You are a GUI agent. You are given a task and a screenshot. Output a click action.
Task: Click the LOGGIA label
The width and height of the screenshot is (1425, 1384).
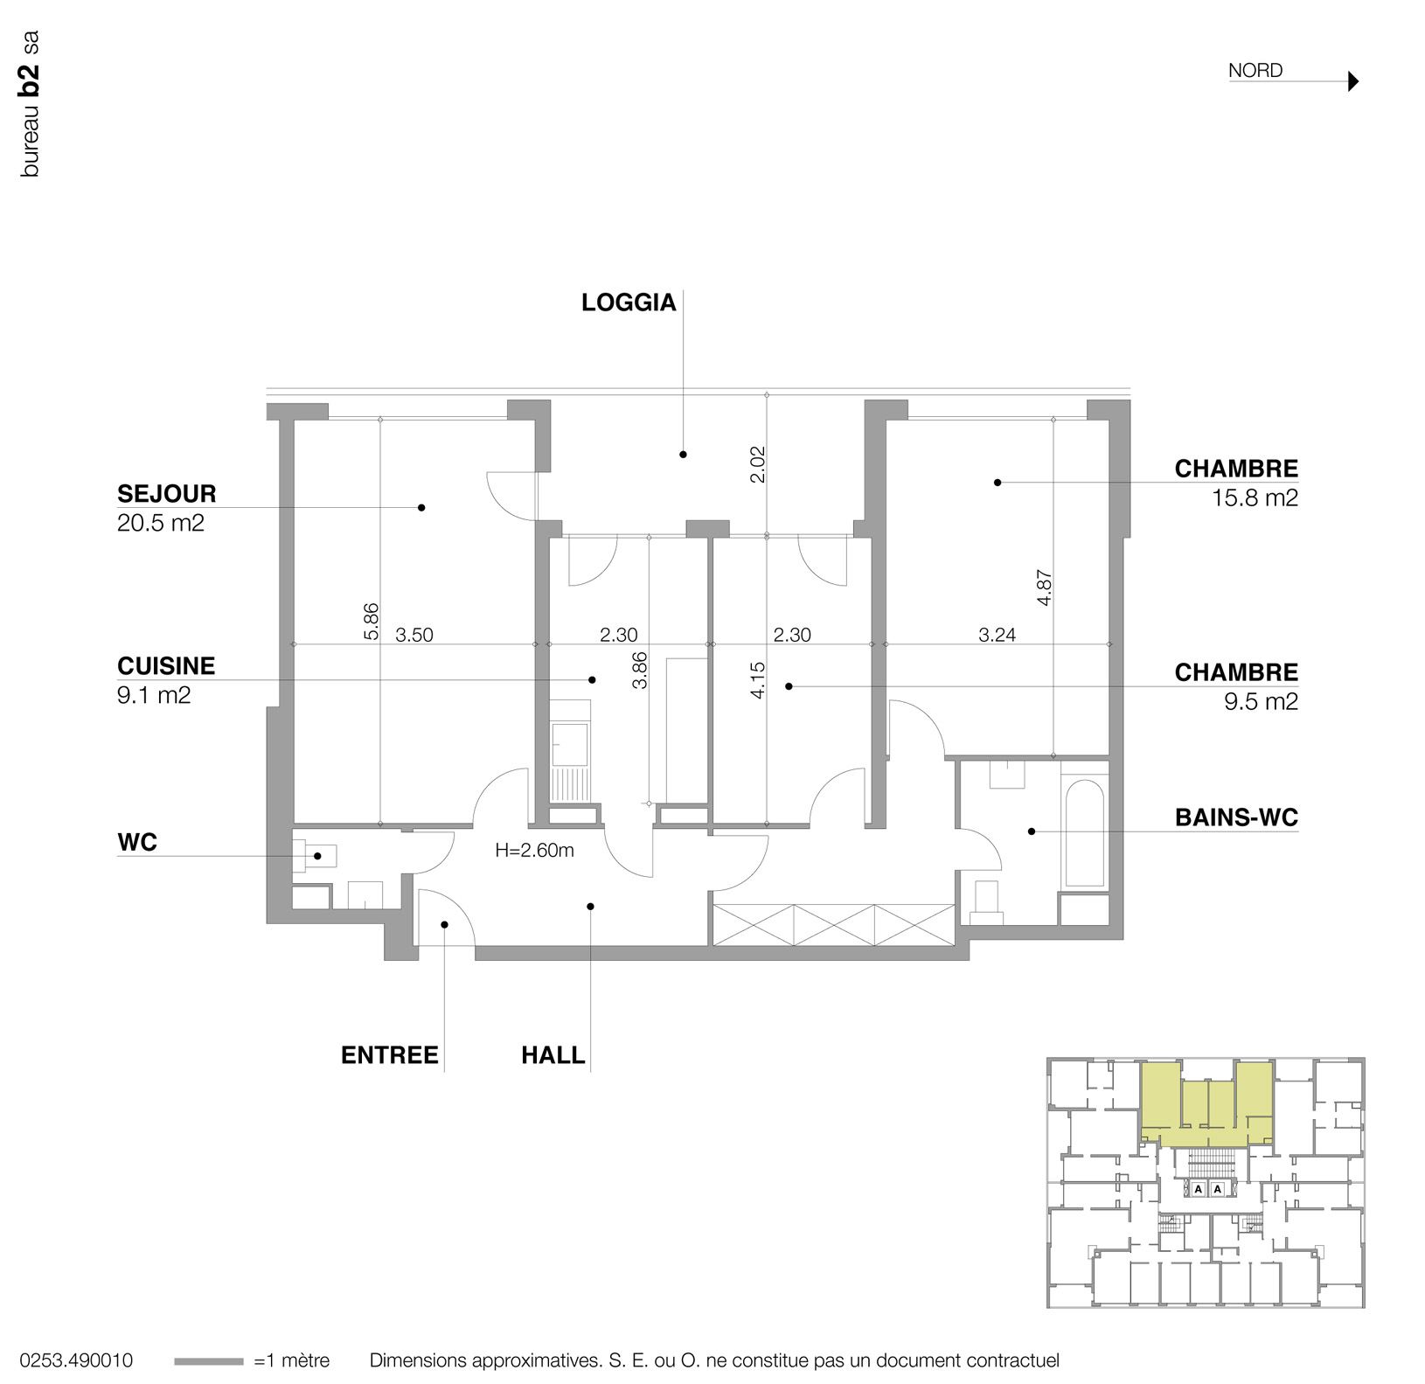coord(628,303)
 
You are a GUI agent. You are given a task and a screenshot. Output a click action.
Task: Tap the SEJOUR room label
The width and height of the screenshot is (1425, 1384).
coord(166,493)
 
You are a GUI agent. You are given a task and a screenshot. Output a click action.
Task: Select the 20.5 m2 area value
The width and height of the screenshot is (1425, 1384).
coord(160,523)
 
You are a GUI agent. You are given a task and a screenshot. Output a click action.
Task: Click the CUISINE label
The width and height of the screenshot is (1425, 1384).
coord(166,665)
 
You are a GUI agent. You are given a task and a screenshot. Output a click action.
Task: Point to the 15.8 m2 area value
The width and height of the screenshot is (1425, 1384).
coord(1254,498)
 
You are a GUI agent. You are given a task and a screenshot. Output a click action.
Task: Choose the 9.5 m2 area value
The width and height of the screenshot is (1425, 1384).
coord(1260,702)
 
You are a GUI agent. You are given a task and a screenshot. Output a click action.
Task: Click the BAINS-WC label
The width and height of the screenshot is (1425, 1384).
coord(1235,817)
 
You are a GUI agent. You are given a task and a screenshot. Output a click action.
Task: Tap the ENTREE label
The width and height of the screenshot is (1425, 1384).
coord(389,1055)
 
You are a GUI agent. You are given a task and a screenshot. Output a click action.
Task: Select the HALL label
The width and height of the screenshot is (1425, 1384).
coord(553,1055)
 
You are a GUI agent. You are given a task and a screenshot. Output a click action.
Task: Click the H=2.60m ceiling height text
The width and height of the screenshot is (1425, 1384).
coord(534,850)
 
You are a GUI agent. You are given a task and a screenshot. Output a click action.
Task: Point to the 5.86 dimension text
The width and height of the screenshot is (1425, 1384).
coord(372,621)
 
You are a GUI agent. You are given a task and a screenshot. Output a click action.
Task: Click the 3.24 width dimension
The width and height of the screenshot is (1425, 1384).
coord(997,635)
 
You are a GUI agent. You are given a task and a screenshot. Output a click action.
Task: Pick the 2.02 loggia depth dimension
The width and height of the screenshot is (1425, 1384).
coord(758,464)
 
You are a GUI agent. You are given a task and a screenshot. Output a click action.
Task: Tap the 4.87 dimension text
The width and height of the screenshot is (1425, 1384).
coord(1044,588)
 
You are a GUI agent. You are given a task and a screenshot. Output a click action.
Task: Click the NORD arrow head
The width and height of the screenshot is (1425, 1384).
coord(1353,81)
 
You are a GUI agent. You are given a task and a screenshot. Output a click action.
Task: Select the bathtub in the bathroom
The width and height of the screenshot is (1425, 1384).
coord(1085,832)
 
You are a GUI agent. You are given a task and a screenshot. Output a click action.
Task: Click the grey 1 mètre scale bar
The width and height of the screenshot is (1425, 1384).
coord(208,1361)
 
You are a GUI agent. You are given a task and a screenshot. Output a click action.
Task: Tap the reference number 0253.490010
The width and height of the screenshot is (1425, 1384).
coord(76,1360)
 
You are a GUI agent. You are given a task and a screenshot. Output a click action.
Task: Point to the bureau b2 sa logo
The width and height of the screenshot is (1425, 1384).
coord(30,104)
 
